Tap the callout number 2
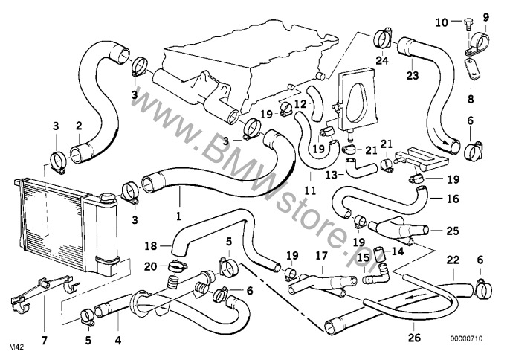[78, 126]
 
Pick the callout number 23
[411, 74]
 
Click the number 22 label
[453, 260]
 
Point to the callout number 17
[320, 254]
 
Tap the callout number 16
[453, 199]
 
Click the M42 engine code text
[16, 347]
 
